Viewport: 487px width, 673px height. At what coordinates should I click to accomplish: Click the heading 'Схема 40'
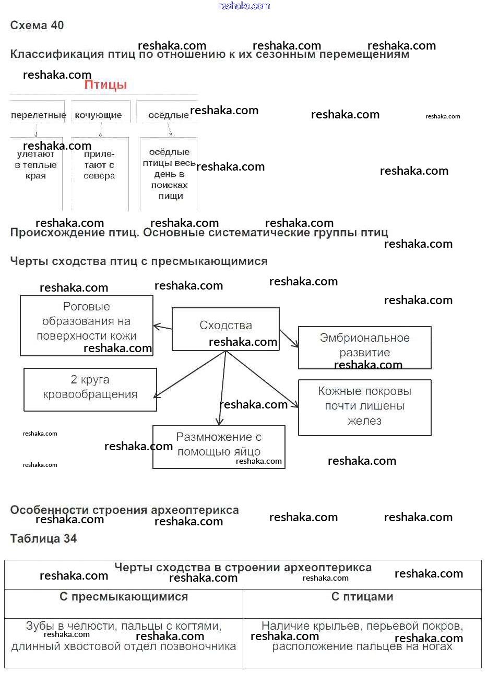37,26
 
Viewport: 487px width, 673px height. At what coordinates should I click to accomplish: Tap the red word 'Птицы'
106,85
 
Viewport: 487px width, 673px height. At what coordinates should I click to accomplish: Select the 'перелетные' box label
39,115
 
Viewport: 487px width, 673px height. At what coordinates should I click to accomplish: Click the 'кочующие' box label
98,115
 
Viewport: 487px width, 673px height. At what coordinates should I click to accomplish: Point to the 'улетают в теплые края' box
35,165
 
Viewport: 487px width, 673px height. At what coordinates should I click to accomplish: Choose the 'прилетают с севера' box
99,165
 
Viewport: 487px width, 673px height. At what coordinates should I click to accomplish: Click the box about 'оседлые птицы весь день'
169,174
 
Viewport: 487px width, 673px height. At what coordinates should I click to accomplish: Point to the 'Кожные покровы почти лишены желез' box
364,407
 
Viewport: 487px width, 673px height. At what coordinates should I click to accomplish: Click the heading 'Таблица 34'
44,539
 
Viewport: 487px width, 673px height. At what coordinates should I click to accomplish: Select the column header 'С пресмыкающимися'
124,597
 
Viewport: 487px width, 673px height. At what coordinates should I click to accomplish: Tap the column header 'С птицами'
362,597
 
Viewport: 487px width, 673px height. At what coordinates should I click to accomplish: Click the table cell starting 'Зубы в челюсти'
124,637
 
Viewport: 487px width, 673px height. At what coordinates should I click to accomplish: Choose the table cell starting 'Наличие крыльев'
362,637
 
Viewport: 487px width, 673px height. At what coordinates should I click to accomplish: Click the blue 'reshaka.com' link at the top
244,6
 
